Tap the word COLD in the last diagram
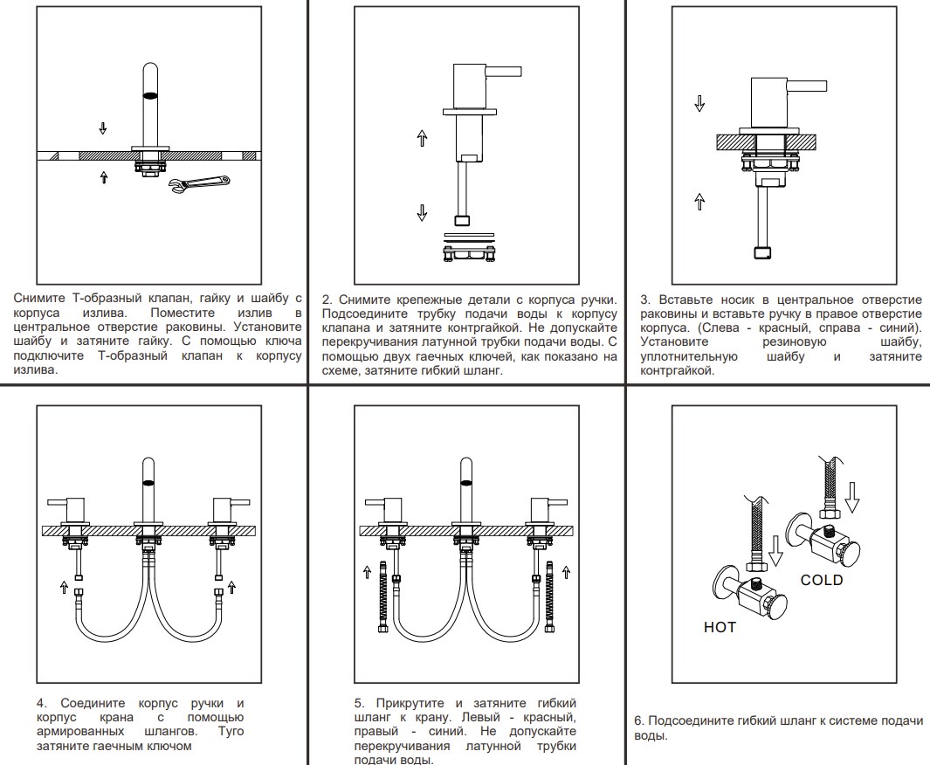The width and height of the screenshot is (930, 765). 822,580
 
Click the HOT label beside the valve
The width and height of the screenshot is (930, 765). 720,627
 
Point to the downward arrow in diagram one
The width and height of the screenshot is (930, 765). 103,128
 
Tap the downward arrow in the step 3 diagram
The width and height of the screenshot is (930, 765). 699,102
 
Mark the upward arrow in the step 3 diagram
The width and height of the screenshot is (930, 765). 699,202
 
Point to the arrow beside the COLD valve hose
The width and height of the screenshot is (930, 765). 852,500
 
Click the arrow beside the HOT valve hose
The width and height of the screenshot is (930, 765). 775,548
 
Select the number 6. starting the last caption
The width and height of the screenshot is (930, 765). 639,720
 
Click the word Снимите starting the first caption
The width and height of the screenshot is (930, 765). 39,299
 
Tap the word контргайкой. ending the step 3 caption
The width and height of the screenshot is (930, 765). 677,370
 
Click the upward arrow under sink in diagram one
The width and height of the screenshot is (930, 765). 104,177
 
